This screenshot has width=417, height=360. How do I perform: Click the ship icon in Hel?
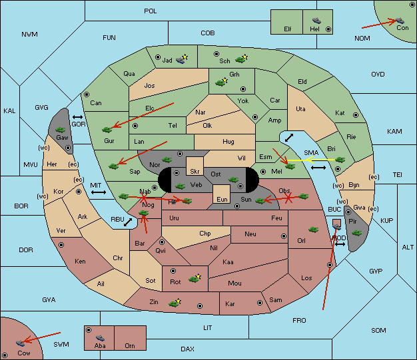(x=316, y=21)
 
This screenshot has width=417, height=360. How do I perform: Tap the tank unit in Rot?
(x=194, y=279)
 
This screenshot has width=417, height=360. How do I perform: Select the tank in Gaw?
(x=60, y=130)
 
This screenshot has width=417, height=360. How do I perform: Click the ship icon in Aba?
(x=100, y=338)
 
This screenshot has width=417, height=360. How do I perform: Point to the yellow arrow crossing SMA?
(x=312, y=160)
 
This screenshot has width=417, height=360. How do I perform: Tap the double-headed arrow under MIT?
(x=99, y=192)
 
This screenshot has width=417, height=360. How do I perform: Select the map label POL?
(x=151, y=11)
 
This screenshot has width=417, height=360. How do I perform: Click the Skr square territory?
(x=195, y=166)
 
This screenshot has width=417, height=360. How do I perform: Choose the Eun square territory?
(x=222, y=194)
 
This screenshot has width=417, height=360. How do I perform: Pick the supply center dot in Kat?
(x=356, y=115)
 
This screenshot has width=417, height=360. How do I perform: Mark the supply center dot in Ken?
(x=61, y=245)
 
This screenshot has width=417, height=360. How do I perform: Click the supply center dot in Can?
(x=87, y=94)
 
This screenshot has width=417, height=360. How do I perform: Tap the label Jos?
(x=149, y=86)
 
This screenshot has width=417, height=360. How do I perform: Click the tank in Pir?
(x=356, y=233)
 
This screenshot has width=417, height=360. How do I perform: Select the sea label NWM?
(x=29, y=35)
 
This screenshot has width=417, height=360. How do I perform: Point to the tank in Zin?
(x=174, y=303)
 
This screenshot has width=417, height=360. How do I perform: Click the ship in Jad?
(x=181, y=61)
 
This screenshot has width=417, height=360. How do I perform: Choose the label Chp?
(x=205, y=234)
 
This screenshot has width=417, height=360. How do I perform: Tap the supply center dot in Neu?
(x=284, y=236)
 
